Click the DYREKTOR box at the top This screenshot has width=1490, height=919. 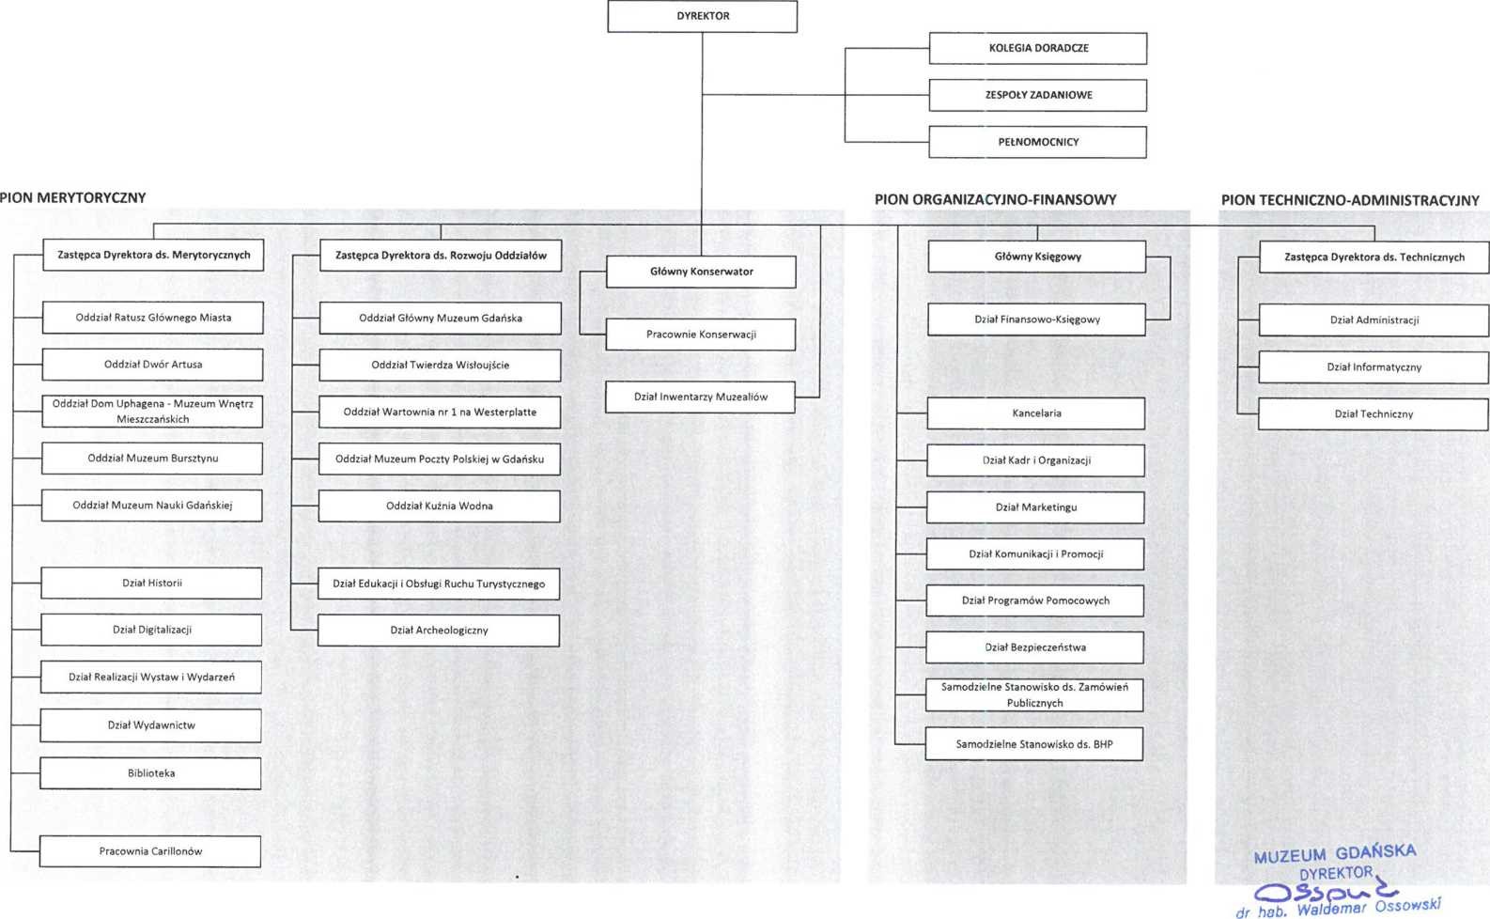(703, 16)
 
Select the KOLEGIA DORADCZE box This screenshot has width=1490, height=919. (1038, 48)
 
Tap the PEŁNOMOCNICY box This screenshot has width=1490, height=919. (1038, 142)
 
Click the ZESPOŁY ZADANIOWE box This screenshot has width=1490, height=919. (1038, 95)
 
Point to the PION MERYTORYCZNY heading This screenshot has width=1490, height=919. (73, 197)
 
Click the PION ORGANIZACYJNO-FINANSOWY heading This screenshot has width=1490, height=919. (995, 199)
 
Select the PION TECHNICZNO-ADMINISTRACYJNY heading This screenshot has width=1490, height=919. (1350, 200)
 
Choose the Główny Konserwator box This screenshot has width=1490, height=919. (701, 272)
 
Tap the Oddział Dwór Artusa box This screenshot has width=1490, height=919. (152, 365)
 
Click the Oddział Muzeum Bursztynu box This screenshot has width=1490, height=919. (152, 459)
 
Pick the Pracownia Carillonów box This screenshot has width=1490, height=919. (150, 851)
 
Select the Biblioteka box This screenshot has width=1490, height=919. (151, 773)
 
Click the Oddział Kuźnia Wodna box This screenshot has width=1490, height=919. (439, 506)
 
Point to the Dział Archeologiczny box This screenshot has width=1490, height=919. (439, 631)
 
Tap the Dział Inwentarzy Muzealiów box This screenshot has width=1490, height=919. (701, 397)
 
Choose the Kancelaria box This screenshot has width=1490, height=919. (1035, 413)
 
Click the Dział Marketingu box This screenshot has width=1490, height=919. (1035, 507)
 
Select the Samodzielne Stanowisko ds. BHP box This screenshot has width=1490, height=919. (1034, 744)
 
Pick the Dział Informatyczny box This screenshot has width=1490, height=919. (1374, 367)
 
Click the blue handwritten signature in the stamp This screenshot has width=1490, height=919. (1327, 890)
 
